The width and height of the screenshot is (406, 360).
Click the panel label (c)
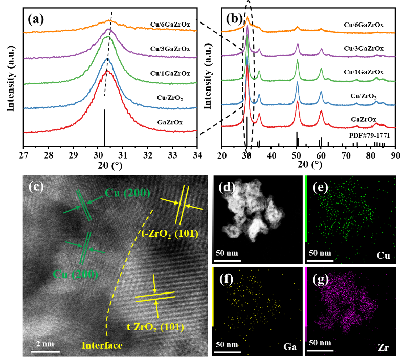click(x=36, y=187)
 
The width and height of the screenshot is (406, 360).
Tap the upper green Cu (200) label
click(x=127, y=193)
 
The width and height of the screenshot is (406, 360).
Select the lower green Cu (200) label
click(x=75, y=274)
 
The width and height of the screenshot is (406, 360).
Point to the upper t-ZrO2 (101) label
click(x=170, y=235)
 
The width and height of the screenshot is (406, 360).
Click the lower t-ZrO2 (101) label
click(x=155, y=326)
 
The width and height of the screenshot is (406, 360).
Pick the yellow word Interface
click(x=103, y=346)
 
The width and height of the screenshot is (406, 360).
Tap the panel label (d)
click(x=227, y=187)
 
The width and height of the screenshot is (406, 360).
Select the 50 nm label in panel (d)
click(x=227, y=253)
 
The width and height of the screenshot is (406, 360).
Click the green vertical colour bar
click(x=306, y=208)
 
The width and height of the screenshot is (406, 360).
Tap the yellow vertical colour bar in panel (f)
click(x=212, y=297)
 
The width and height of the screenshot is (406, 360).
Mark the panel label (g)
click(x=320, y=279)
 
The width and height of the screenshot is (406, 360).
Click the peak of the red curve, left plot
click(x=108, y=72)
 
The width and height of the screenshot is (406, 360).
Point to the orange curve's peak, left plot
click(x=108, y=21)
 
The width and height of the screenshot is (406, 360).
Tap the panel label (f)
click(x=227, y=279)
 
